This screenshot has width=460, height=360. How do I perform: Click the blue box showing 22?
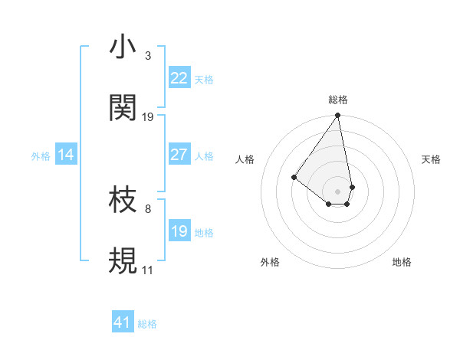tap(179, 78)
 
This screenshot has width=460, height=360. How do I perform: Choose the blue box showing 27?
tap(179, 155)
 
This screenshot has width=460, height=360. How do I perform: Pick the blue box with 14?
tap(65, 155)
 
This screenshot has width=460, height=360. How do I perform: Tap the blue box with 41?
tap(123, 322)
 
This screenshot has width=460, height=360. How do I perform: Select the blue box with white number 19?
tap(179, 231)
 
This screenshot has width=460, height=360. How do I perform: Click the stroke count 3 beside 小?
tap(147, 56)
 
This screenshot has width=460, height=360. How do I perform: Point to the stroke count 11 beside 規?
tap(147, 270)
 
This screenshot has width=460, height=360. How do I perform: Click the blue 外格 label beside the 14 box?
tap(41, 156)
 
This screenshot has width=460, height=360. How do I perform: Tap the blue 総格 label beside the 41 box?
tap(147, 324)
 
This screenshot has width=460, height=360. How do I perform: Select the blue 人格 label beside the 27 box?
tap(204, 156)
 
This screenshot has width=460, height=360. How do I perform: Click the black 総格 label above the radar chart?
tap(337, 100)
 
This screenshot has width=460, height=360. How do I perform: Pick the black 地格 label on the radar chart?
tap(402, 262)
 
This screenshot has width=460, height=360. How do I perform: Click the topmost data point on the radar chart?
tap(337, 116)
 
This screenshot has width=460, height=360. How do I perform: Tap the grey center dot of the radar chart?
tap(337, 191)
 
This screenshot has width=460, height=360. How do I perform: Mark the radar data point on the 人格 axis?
tap(294, 178)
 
